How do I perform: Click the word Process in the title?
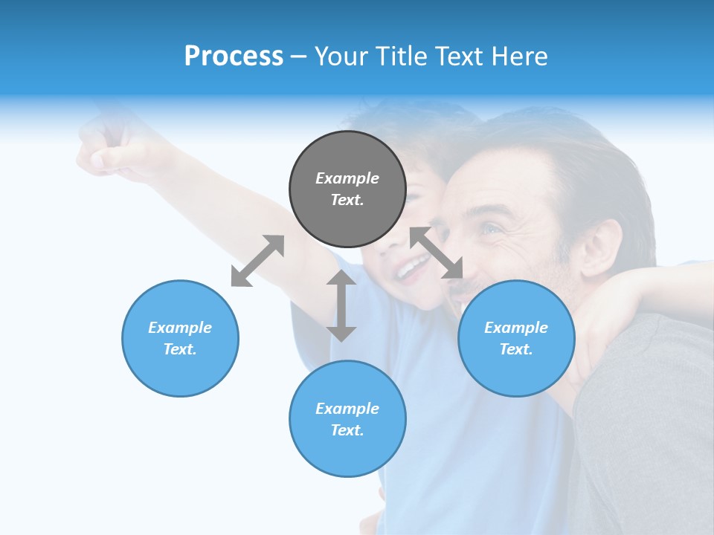tap(234, 56)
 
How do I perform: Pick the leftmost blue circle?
tap(180, 338)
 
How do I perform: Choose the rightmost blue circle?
tap(516, 338)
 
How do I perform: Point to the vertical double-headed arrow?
tap(341, 305)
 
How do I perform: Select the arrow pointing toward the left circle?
tap(257, 261)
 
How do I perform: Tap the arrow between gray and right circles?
tap(437, 253)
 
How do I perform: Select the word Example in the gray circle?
tap(347, 178)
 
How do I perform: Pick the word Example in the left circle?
tap(180, 328)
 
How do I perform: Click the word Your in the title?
tap(341, 56)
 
